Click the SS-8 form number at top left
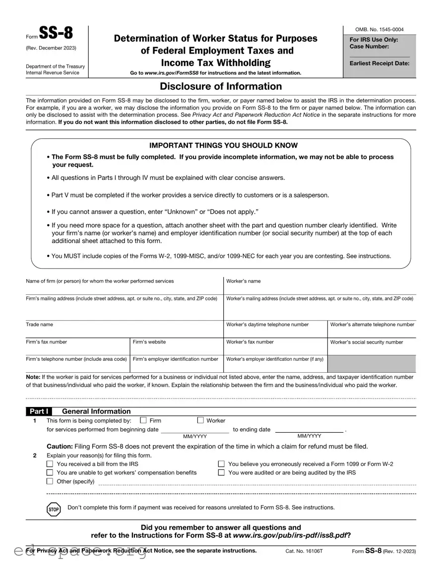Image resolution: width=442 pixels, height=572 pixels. click(56, 34)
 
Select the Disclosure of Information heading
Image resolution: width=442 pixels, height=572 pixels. click(221, 86)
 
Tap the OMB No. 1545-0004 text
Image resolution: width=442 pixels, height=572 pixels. click(379, 30)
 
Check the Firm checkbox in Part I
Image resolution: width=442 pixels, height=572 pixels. click(143, 420)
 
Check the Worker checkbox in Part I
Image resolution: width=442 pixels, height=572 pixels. click(200, 420)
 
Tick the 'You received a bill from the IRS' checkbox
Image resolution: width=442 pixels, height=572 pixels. click(50, 464)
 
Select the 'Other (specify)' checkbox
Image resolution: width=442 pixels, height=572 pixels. click(50, 481)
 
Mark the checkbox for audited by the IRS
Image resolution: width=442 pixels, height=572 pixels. click(221, 472)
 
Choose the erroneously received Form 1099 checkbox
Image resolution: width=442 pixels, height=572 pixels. click(221, 464)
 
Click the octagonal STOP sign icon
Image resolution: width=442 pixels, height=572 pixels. click(54, 509)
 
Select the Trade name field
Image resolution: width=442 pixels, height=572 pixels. click(124, 330)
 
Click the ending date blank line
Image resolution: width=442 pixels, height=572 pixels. click(309, 429)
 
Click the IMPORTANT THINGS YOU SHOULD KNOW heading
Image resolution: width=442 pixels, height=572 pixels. click(223, 145)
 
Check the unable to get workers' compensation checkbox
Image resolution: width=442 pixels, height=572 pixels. click(50, 472)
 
